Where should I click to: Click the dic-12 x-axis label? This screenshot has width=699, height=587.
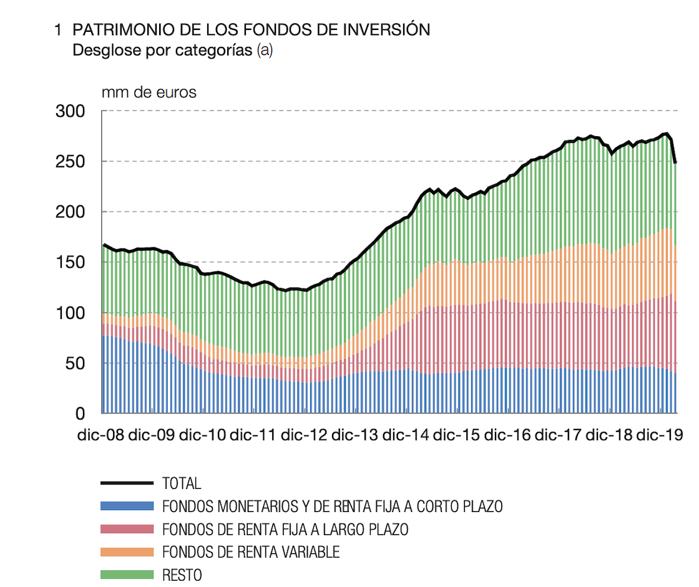pyautogui.click(x=304, y=435)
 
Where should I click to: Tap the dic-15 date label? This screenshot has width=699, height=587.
pyautogui.click(x=457, y=435)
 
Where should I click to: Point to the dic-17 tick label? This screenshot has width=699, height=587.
pyautogui.click(x=559, y=435)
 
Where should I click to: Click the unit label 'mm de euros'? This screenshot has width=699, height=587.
pyautogui.click(x=149, y=92)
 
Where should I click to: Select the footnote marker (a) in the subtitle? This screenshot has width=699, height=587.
pyautogui.click(x=265, y=51)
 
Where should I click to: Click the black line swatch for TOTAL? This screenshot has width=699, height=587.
pyautogui.click(x=127, y=483)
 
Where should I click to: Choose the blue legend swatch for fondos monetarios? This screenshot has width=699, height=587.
pyautogui.click(x=127, y=506)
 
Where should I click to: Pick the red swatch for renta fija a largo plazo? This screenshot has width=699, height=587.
pyautogui.click(x=127, y=529)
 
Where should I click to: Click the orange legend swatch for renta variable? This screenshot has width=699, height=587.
pyautogui.click(x=127, y=552)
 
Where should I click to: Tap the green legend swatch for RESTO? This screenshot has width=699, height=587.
pyautogui.click(x=127, y=575)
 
